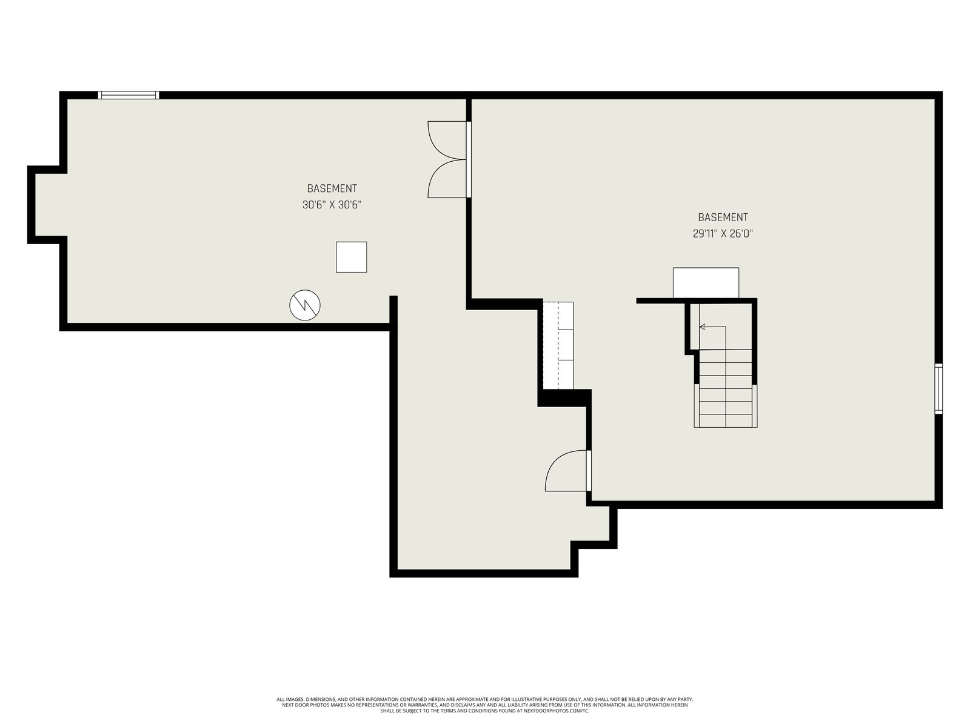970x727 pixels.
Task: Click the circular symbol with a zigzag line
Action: point(304,305)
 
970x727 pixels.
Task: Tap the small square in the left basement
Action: point(351,257)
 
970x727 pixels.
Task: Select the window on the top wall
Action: point(128,95)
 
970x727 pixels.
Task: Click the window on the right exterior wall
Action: point(938,388)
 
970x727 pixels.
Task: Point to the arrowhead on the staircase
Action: point(702,327)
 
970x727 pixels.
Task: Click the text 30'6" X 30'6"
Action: point(332,205)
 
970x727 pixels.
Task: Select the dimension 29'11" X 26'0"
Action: point(723,233)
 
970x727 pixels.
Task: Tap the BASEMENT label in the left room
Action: point(332,188)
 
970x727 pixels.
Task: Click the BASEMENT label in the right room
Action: point(723,217)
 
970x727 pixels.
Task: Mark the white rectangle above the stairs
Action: point(706,283)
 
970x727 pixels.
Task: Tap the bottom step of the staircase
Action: point(725,421)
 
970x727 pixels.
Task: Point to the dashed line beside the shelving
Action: point(558,345)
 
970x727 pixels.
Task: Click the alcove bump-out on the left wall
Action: point(47,205)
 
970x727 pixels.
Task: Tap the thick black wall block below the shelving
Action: point(564,397)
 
